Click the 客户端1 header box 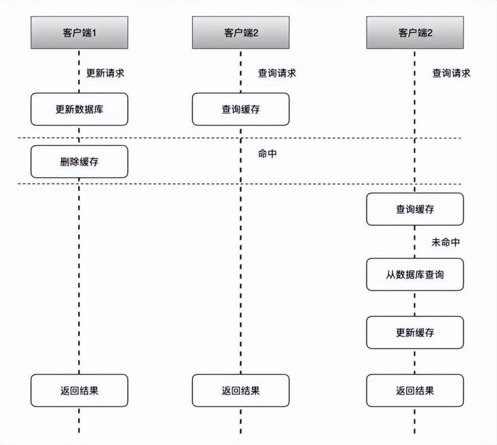(x=79, y=33)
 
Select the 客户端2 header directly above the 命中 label (x=240, y=33)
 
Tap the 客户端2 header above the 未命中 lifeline (x=415, y=33)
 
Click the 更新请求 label (x=106, y=73)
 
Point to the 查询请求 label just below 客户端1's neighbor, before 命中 (x=277, y=73)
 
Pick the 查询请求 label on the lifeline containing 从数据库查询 (x=452, y=73)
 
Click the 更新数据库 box (x=79, y=109)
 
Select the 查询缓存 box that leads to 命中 (x=240, y=109)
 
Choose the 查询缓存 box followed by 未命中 (x=415, y=209)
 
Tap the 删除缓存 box (x=79, y=161)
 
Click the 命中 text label (x=267, y=154)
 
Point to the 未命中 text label (x=446, y=242)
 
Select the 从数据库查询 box (x=415, y=274)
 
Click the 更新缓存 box (x=415, y=332)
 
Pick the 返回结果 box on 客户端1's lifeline (x=79, y=391)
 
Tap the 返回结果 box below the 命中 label (x=240, y=391)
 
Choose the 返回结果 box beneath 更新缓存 (x=415, y=391)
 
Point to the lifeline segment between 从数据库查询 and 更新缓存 (x=415, y=303)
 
